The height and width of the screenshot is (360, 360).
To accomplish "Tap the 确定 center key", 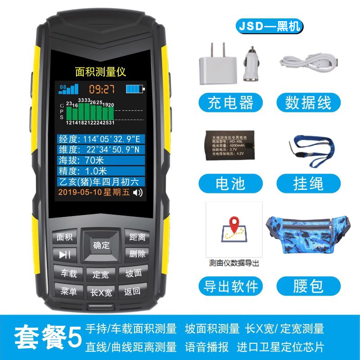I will pyautogui.click(x=101, y=245).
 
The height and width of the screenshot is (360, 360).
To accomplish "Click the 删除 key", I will pyautogui.click(x=137, y=254).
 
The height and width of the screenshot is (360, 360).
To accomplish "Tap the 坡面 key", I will pyautogui.click(x=133, y=273).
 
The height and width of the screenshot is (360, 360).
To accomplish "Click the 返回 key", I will pyautogui.click(x=132, y=292).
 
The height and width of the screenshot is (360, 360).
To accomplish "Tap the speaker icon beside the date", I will pyautogui.click(x=138, y=193).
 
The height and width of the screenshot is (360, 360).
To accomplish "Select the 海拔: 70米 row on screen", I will pyautogui.click(x=101, y=160).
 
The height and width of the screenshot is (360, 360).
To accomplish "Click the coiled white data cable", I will pyautogui.click(x=308, y=62).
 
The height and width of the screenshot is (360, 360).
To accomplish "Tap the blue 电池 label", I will pyautogui.click(x=230, y=184).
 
